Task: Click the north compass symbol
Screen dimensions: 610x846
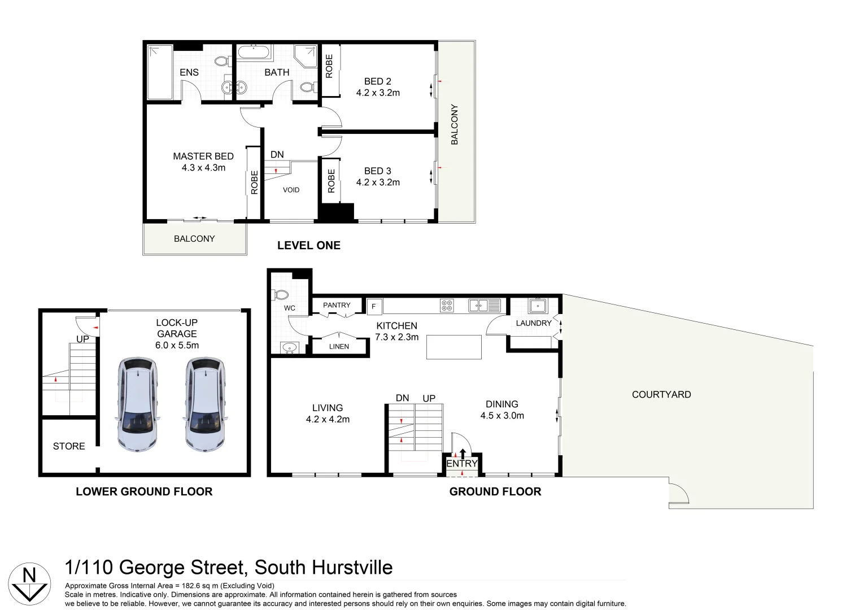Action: coord(29,583)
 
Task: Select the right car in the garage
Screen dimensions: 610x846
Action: coord(205,404)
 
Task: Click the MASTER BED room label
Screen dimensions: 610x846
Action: coord(203,156)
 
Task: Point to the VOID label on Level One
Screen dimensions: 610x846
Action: coord(291,190)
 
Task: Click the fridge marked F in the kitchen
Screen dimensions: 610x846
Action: coord(374,307)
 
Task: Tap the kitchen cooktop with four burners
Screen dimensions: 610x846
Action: coord(447,306)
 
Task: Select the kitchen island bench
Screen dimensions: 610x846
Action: coord(453,347)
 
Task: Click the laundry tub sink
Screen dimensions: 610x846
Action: coord(538,306)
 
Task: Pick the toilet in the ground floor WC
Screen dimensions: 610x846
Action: coord(281,294)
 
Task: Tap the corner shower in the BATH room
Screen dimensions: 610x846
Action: coord(306,56)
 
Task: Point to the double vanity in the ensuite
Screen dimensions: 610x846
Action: coord(233,88)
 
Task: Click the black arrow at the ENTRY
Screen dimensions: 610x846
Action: coord(463,453)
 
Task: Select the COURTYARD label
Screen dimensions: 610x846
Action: coord(661,395)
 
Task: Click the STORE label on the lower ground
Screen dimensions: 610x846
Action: coord(69,446)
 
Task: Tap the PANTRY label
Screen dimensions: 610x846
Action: coord(337,305)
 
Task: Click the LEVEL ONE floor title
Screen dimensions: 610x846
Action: coord(308,246)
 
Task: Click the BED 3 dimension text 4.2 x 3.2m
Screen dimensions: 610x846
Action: coord(378,182)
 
